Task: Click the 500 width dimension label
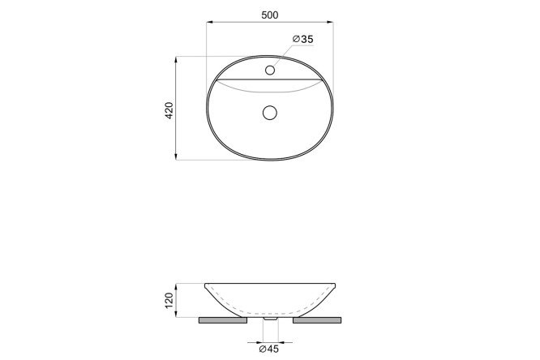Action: (x=270, y=15)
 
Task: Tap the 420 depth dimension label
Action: (x=169, y=110)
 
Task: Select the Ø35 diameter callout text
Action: (x=303, y=39)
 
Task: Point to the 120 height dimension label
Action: (x=169, y=300)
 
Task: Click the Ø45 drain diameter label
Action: (x=269, y=349)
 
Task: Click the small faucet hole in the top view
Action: (x=270, y=71)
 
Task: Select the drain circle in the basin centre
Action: (x=270, y=113)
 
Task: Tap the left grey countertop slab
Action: (x=223, y=320)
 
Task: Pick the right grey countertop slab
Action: (x=317, y=320)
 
